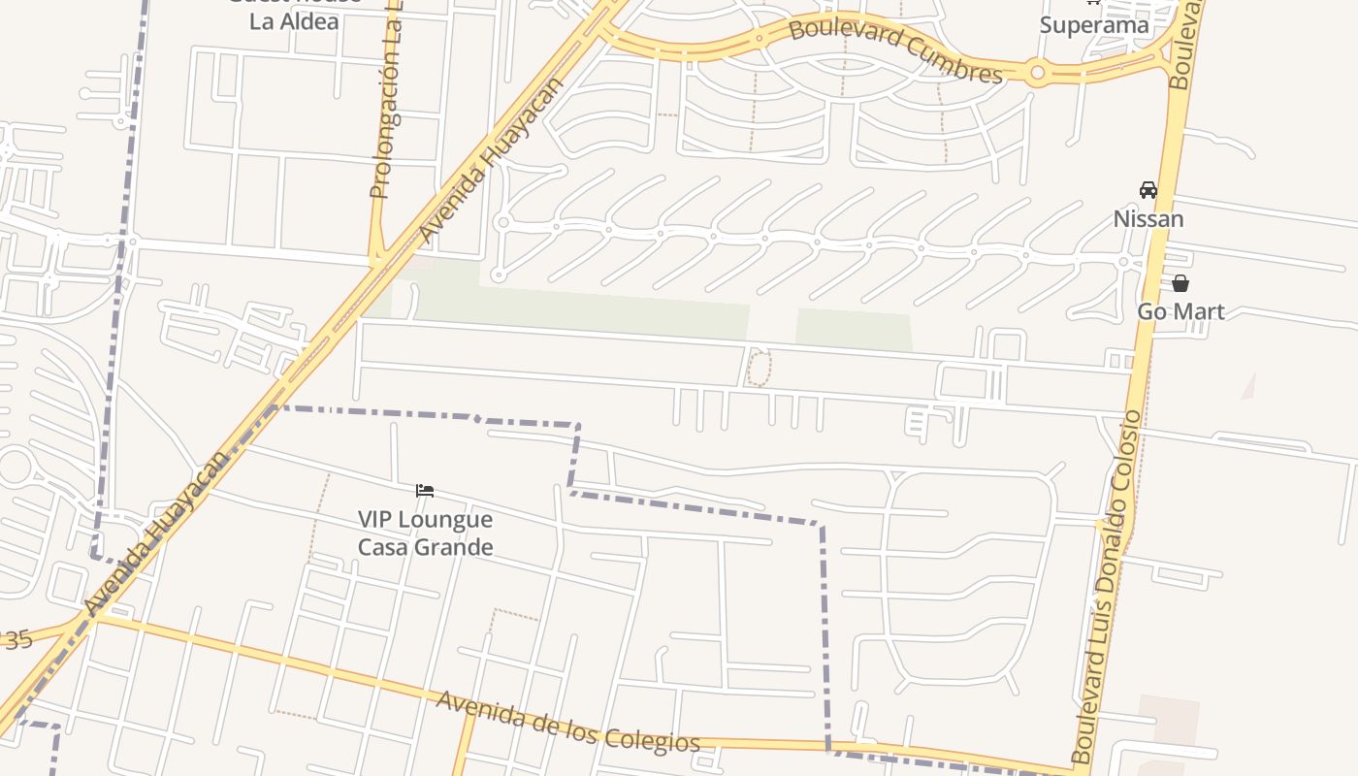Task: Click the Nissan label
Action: point(1148,219)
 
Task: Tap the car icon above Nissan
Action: point(1148,190)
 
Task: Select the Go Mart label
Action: point(1180,311)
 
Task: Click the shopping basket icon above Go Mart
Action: point(1180,283)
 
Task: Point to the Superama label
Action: point(1094,24)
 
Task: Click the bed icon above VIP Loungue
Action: point(424,491)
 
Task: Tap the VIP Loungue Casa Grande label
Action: point(425,533)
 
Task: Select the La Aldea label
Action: point(294,20)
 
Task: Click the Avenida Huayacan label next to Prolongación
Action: point(490,161)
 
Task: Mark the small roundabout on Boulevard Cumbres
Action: point(1037,72)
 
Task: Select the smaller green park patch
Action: point(853,330)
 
